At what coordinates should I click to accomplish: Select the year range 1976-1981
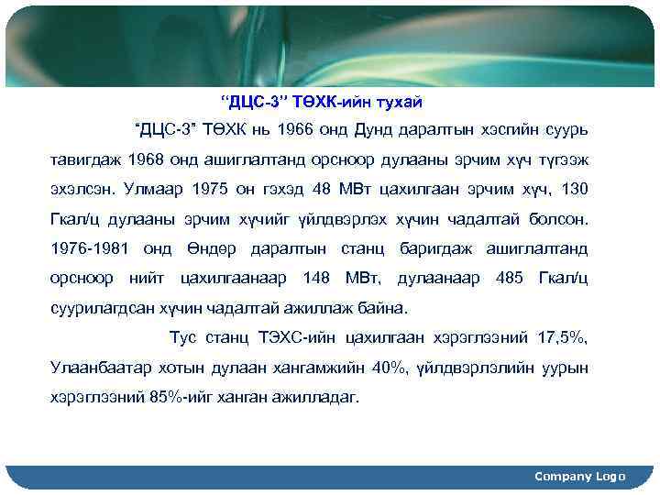(x=92, y=248)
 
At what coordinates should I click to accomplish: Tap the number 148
(x=316, y=278)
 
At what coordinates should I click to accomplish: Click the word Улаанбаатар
(x=101, y=368)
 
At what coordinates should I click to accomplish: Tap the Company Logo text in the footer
(x=579, y=477)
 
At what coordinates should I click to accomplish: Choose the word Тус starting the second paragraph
(x=183, y=338)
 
